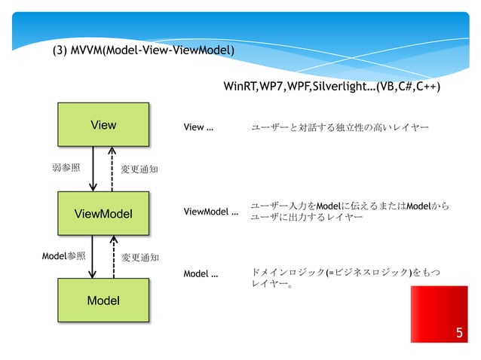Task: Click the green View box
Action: (103, 125)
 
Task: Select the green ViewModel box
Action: (103, 214)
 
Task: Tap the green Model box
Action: (103, 301)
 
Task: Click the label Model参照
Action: (63, 256)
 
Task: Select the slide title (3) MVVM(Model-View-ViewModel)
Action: (142, 51)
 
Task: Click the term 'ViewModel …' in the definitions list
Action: (211, 212)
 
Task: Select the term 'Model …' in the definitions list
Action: (201, 273)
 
